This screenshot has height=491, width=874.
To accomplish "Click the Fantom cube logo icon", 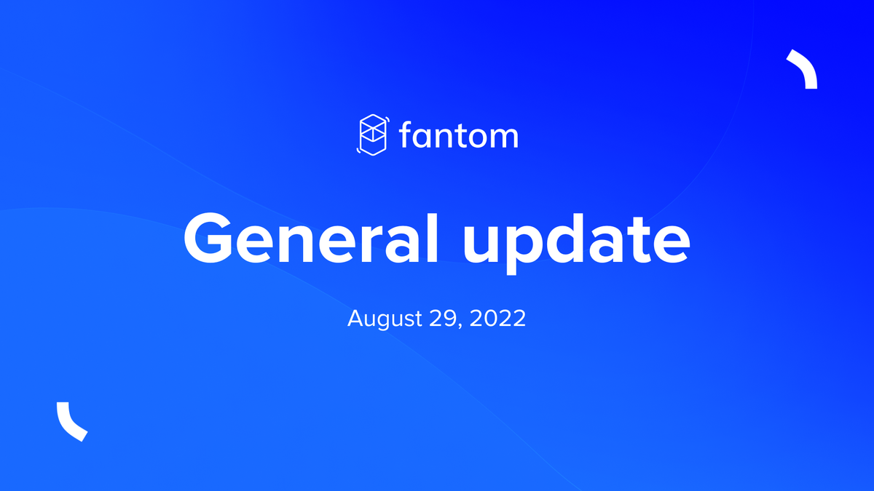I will [374, 135].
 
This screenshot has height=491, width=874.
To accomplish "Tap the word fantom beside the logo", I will [459, 136].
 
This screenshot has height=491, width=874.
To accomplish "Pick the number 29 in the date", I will [436, 318].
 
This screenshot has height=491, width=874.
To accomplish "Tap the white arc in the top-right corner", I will [803, 68].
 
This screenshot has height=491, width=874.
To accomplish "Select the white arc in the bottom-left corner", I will [71, 422].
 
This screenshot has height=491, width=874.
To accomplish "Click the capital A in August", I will [355, 318].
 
